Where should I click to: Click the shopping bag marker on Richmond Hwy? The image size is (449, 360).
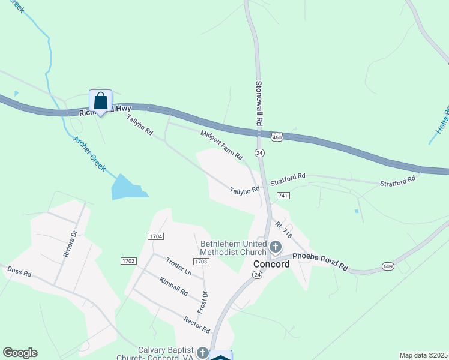click(x=100, y=101)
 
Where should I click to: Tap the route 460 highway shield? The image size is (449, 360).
click(x=276, y=137)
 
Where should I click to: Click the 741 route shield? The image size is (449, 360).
click(x=284, y=196)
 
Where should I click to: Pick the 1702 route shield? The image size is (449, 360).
click(x=128, y=261)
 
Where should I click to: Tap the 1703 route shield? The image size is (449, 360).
click(x=201, y=262)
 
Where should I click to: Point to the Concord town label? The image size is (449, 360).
click(x=271, y=264)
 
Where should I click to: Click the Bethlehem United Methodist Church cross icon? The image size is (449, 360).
click(x=275, y=247)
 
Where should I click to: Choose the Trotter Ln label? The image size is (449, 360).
click(x=178, y=267)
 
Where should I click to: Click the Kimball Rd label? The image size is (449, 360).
click(x=174, y=287)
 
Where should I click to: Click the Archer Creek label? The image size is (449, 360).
click(x=89, y=154)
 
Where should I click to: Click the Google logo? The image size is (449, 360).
click(x=20, y=353)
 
